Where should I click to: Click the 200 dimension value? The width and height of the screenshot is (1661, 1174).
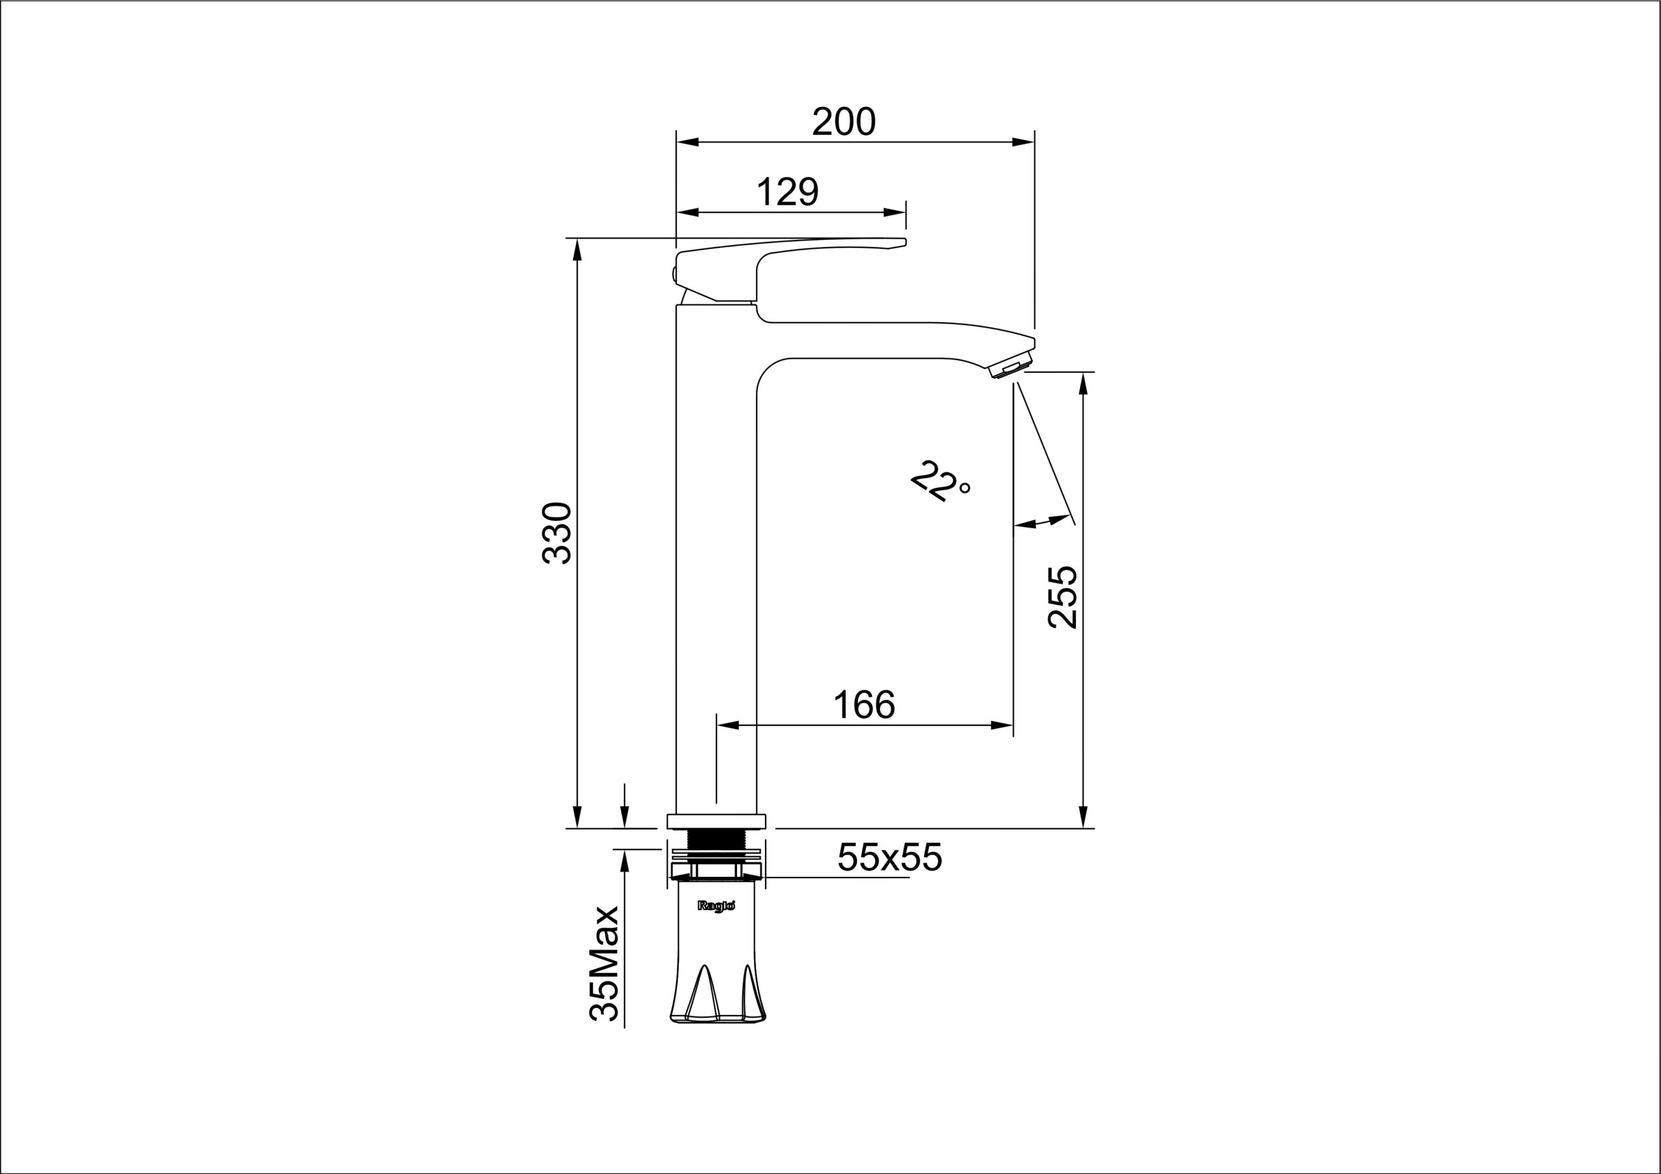click(x=843, y=121)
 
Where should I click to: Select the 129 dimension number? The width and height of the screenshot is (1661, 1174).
click(x=787, y=192)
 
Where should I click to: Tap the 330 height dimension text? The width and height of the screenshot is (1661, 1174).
click(x=558, y=533)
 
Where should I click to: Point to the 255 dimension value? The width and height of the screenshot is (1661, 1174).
click(x=1062, y=597)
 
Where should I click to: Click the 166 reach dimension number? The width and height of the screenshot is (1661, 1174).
click(x=864, y=704)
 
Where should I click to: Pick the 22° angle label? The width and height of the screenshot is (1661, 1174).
click(x=939, y=481)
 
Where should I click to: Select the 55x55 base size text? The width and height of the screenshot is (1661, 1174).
click(x=890, y=858)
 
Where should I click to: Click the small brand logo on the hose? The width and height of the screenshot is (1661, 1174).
click(x=716, y=905)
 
